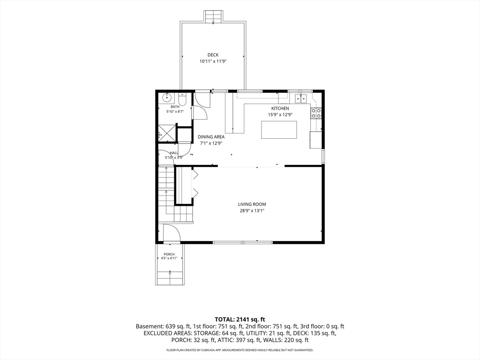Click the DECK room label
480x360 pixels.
coord(213,55)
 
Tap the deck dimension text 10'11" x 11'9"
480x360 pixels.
coord(213,61)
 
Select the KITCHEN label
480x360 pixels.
coord(280,108)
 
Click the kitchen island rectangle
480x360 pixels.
coord(279,130)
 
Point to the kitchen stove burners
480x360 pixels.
coord(316,113)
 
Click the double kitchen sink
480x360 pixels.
coord(301,98)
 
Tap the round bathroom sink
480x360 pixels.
coord(166,98)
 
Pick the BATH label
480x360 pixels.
coord(175,107)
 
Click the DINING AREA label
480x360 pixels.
coord(211,137)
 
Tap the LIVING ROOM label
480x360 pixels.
coord(252,204)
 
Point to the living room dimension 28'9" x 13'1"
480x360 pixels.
coord(252,210)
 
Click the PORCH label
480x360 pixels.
coord(169,255)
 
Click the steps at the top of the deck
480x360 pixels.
coord(213,16)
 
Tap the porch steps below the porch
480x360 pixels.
coord(170,277)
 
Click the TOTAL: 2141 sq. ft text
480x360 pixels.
coord(240,320)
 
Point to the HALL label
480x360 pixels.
coord(174,153)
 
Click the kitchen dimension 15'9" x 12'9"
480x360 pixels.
coord(280,115)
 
